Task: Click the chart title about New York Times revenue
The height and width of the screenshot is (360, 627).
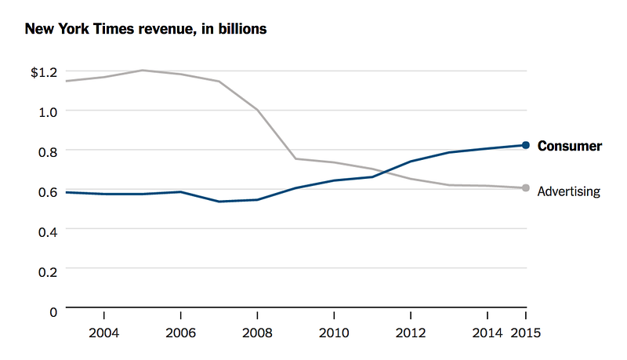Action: point(146,30)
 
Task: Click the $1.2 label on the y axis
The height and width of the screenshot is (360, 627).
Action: point(44,72)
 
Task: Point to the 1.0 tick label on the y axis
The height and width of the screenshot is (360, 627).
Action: point(48,111)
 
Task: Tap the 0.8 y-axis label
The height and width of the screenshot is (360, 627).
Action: point(48,151)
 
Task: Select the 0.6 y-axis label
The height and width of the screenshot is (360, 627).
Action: point(48,191)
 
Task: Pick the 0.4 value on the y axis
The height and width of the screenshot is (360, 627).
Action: point(48,231)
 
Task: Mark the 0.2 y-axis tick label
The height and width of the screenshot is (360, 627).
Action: point(48,271)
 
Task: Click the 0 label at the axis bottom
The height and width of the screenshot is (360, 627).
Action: point(53,311)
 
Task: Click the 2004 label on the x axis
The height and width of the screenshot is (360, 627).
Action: point(104,332)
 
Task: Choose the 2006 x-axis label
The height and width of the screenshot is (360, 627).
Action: point(181,332)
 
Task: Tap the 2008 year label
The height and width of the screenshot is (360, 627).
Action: point(258,332)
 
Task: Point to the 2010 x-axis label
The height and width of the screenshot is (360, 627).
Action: point(335,332)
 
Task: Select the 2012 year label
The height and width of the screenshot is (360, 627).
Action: point(411,332)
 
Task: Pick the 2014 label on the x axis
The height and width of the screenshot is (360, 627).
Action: point(487,332)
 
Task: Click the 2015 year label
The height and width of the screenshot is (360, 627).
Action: point(526,332)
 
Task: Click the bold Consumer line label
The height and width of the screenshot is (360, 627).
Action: point(570,146)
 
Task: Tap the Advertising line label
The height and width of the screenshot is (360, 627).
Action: point(569,191)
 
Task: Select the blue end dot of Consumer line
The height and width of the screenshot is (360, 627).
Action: point(526,145)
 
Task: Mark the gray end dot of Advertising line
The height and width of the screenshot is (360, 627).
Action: point(526,188)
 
